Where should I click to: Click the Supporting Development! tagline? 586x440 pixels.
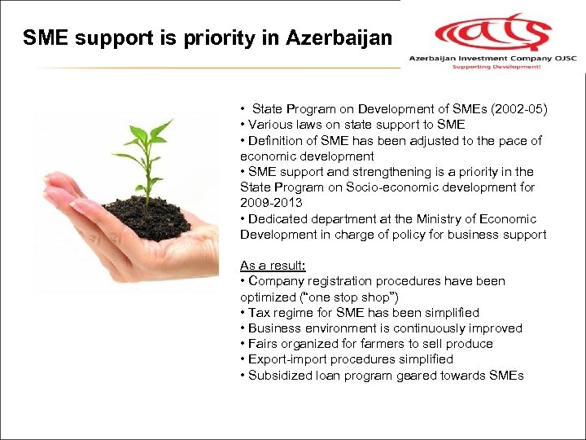click(x=497, y=68)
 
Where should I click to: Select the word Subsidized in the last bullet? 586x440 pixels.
click(x=281, y=376)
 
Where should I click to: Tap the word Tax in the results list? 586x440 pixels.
click(x=260, y=313)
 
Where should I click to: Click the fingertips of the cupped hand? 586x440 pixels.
click(x=57, y=196)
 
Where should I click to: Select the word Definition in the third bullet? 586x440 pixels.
click(x=277, y=140)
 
